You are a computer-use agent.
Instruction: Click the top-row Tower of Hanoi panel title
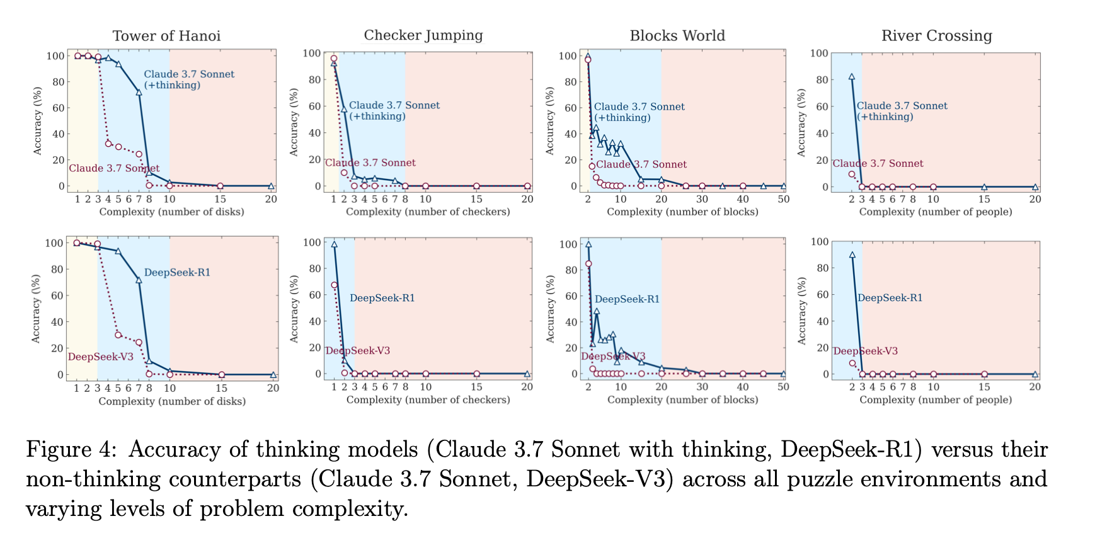166,36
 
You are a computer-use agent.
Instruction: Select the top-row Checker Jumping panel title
423,35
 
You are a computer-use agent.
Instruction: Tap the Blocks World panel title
677,36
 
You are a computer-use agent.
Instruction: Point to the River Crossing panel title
936,36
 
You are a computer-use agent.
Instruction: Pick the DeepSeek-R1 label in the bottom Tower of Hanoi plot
177,273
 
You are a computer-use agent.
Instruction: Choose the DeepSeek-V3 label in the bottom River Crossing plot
865,351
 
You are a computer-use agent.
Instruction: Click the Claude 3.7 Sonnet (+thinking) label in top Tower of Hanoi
189,79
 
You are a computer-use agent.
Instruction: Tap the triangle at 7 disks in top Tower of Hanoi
139,92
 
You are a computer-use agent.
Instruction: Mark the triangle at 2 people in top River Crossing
852,77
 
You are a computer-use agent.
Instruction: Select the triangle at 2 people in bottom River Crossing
852,255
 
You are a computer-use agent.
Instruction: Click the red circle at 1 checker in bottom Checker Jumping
334,285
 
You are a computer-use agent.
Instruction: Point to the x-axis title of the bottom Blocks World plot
682,400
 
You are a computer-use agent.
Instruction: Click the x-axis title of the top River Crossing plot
936,212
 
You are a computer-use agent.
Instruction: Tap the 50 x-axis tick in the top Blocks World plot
783,199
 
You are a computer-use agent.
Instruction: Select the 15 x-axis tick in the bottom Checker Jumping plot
476,387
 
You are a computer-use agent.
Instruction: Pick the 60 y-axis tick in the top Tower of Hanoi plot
57,108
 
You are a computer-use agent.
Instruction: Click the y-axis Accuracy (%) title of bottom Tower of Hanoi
37,309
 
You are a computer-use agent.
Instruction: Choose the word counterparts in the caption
241,479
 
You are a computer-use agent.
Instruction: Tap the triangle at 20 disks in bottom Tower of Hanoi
273,375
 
